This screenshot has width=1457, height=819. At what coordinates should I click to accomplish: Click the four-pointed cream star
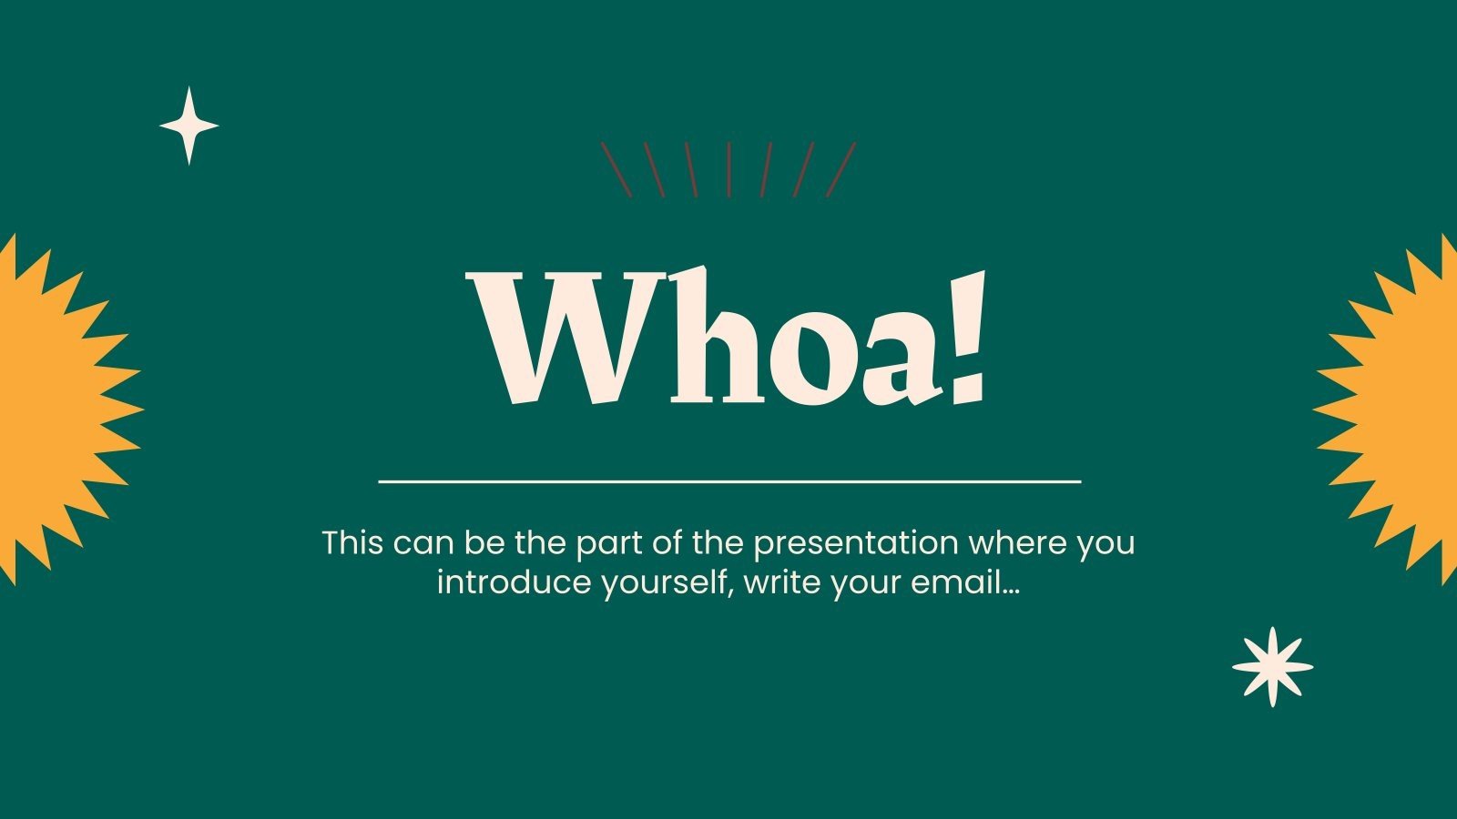point(189,126)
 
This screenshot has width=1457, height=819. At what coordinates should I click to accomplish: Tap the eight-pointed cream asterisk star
point(1272,667)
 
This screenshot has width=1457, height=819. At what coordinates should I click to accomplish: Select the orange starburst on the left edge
point(55,409)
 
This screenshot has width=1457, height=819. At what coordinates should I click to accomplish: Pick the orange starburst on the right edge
point(1402,409)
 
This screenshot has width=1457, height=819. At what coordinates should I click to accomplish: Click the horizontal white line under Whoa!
point(728,480)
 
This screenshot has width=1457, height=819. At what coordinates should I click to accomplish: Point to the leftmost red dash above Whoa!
point(616,169)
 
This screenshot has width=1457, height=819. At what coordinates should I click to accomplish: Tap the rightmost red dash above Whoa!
point(841,169)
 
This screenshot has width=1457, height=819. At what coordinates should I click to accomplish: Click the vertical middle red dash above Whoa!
point(728,169)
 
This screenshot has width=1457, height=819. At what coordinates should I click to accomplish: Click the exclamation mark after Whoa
point(966,337)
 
